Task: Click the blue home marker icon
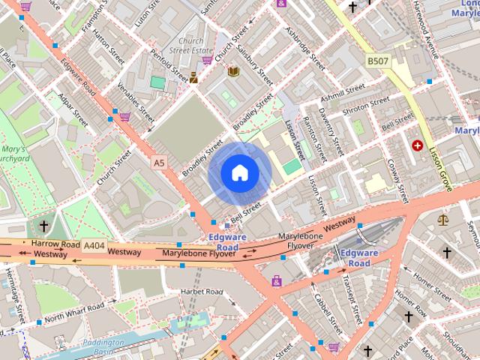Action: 239,173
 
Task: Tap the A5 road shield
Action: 158,162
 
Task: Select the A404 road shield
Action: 94,245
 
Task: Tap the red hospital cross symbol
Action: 417,145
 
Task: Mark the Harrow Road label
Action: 55,244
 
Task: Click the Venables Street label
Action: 134,105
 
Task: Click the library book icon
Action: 233,71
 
